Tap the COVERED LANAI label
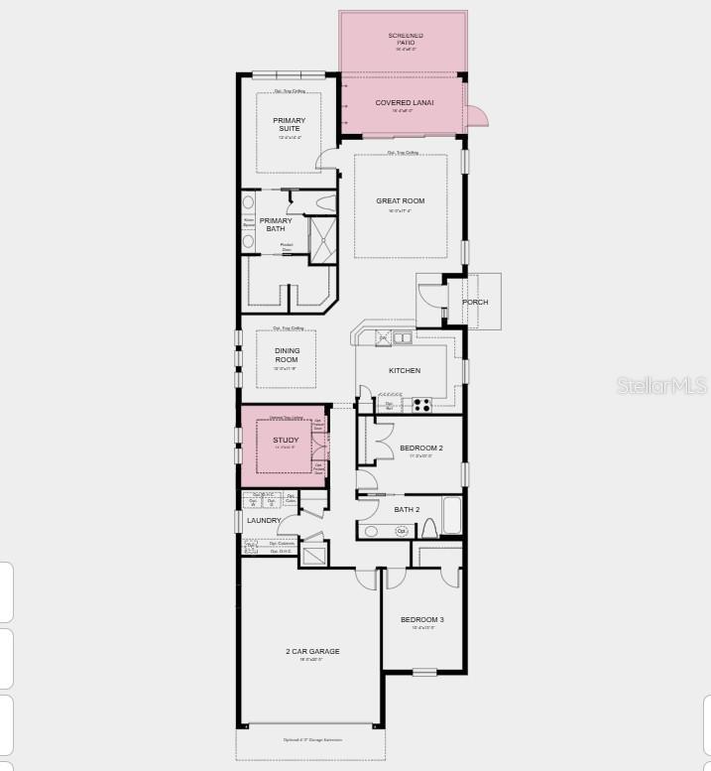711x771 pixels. pos(404,103)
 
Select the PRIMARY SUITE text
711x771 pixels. pos(290,124)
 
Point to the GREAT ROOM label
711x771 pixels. pos(400,201)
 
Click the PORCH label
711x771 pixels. pos(475,302)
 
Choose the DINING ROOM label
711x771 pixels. pos(287,355)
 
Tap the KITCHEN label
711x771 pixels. pos(404,371)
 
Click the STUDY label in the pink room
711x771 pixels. pos(286,440)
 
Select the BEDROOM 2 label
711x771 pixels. pos(421,449)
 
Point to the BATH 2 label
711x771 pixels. pos(407,509)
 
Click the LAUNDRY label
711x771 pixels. pos(264,520)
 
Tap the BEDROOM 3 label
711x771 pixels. pos(422,620)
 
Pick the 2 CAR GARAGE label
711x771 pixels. pos(312,651)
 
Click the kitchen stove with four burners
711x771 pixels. pos(421,404)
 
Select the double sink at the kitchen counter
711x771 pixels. pos(402,338)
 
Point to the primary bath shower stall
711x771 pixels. pos(323,238)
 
